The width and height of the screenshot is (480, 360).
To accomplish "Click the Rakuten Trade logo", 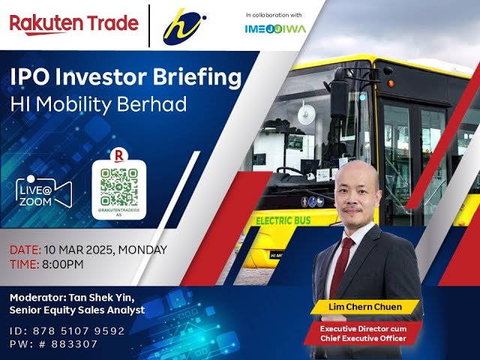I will click(73, 23).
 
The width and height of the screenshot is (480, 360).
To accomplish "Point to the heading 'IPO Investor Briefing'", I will click(126, 78).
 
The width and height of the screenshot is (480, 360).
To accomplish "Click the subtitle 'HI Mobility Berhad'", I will click(98, 104).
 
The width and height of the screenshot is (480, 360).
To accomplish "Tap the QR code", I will click(118, 188).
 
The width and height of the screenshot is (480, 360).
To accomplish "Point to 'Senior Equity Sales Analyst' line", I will click(77, 310).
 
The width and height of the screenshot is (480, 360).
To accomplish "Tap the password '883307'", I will click(76, 343).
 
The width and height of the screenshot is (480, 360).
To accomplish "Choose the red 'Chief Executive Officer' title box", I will click(363, 334).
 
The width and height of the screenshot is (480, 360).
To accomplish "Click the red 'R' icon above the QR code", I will click(118, 155).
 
